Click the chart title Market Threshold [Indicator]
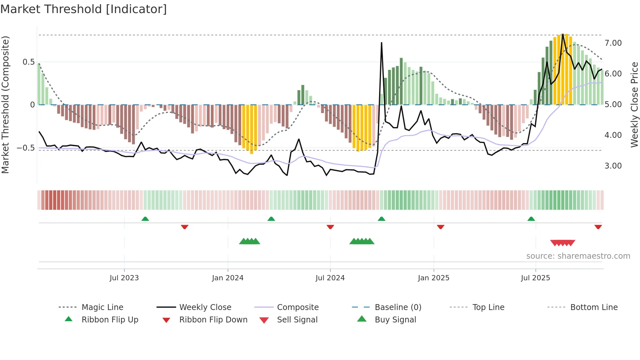coord(84,9)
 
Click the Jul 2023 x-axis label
coord(124,278)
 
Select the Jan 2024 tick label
coord(228,278)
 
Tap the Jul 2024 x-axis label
coord(330,278)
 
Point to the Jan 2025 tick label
coord(434,278)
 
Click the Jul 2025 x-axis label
coord(536,278)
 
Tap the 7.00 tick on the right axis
coord(613,43)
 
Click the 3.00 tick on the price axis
coord(613,166)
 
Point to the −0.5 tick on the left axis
coord(25,148)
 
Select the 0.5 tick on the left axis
coord(28,62)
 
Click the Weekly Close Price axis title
coord(634,105)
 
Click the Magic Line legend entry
coord(102,307)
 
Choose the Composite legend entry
coord(298,307)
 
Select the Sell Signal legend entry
coord(297,320)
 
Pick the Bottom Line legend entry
coord(594,307)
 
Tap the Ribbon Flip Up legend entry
coord(110,320)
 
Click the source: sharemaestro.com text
coord(578,256)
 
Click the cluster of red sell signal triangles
coord(562,243)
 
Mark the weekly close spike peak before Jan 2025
coord(381,43)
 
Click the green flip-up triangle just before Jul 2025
coord(531,219)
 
